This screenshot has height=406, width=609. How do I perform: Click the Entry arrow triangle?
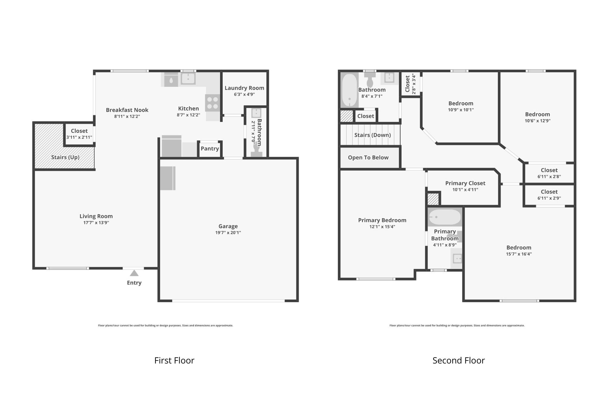point(134,273)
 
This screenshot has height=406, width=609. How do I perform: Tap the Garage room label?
point(228,226)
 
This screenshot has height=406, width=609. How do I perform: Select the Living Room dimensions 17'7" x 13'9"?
point(96,223)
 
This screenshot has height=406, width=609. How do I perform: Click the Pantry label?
point(210,148)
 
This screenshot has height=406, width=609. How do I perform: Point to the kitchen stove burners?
point(213,103)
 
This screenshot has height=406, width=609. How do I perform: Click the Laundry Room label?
point(244,88)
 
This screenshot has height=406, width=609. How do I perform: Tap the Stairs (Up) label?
point(65,157)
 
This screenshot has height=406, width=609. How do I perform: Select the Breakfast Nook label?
point(127,110)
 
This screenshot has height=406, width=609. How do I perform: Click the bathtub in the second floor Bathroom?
point(349,90)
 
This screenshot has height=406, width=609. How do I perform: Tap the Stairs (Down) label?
point(372,135)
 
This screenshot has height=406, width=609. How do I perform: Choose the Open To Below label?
point(368,158)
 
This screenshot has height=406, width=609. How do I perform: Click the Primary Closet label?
point(465,183)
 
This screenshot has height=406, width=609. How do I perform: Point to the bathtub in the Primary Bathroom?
point(445,217)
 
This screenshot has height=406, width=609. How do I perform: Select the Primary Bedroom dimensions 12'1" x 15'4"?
point(382,227)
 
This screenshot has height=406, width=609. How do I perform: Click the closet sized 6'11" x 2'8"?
point(549,173)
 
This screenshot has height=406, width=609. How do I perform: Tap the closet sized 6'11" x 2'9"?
point(549,195)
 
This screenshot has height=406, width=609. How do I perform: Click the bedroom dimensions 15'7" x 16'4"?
point(519,254)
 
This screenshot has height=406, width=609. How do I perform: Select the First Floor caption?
point(174,360)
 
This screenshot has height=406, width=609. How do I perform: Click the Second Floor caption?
point(459,360)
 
